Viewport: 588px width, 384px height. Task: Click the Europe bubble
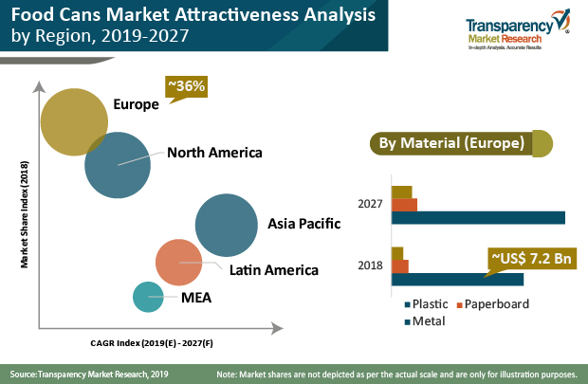pyautogui.click(x=74, y=121)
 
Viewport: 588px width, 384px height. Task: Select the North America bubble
pyautogui.click(x=118, y=165)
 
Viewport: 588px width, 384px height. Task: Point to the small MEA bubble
pyautogui.click(x=147, y=298)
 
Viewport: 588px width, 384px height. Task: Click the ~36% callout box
pyautogui.click(x=186, y=87)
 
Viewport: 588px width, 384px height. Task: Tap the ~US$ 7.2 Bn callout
pyautogui.click(x=531, y=258)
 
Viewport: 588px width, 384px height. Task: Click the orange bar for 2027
pyautogui.click(x=404, y=205)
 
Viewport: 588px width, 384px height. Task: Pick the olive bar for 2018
pyautogui.click(x=397, y=253)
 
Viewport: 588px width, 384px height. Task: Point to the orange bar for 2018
pyautogui.click(x=399, y=265)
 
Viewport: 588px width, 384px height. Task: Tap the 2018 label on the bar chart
pyautogui.click(x=371, y=265)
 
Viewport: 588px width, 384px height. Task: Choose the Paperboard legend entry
pyautogui.click(x=493, y=304)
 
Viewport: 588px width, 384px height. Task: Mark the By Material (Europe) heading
pyautogui.click(x=450, y=144)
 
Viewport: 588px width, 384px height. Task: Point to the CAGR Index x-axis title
pyautogui.click(x=152, y=342)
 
